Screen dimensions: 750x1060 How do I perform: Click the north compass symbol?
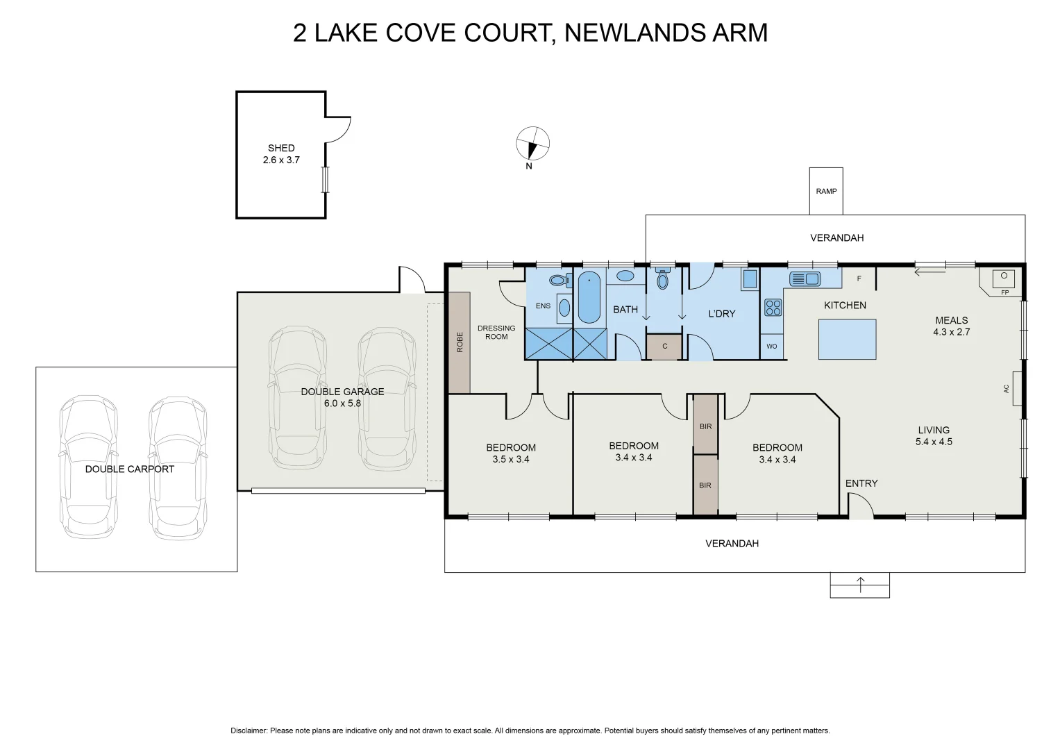532,144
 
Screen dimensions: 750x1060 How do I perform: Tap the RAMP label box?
826,191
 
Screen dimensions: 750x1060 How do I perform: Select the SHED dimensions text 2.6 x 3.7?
281,160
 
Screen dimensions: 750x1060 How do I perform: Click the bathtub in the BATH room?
589,297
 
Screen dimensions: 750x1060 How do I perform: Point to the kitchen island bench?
847,340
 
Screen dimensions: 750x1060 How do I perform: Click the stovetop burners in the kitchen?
773,308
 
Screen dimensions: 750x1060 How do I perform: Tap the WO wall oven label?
772,347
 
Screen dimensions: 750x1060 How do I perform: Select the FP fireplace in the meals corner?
1002,281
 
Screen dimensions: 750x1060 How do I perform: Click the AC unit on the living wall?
1016,389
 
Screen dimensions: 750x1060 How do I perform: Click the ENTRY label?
861,483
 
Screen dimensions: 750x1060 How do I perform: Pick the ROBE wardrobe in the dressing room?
460,342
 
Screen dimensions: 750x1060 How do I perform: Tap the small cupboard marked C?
664,347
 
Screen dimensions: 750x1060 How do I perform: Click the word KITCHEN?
845,306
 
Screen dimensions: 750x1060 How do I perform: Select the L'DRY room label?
721,314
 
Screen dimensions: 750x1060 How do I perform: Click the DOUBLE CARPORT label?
130,469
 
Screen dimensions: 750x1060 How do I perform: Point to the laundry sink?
750,279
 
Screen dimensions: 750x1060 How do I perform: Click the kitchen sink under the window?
805,279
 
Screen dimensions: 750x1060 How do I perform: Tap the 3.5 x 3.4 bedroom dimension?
511,460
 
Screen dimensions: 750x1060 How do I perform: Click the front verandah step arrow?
860,585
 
